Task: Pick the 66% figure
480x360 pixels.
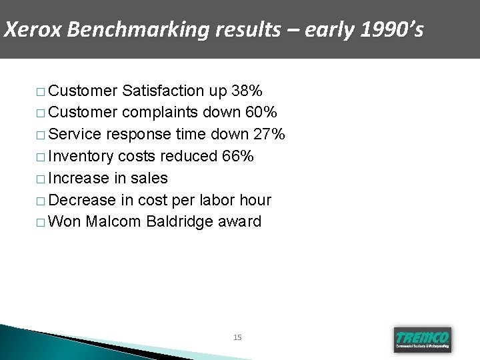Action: [x=238, y=156]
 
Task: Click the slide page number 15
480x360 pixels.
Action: [x=238, y=338]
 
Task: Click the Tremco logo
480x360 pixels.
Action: [x=422, y=339]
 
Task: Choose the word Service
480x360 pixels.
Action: [x=75, y=135]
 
